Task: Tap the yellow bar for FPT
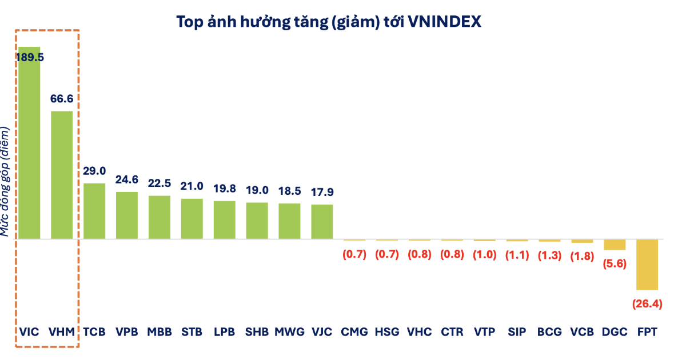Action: pos(647,265)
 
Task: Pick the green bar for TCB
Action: pos(94,211)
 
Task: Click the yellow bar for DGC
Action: pos(615,245)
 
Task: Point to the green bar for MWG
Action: pos(289,221)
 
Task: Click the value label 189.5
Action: pos(30,57)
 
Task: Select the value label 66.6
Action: pos(62,99)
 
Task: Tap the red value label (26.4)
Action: pos(647,304)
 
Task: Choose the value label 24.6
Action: pos(127,179)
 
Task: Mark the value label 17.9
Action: pos(322,192)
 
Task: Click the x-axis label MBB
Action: pos(159,331)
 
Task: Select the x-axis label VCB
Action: pos(582,331)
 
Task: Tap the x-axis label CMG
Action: pos(354,331)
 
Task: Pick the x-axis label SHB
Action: pos(257,331)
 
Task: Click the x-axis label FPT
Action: pos(647,331)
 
